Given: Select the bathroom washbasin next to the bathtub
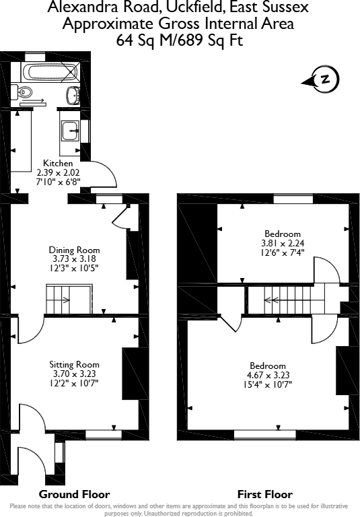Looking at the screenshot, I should [x=73, y=94].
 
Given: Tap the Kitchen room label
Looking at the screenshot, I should [x=58, y=163].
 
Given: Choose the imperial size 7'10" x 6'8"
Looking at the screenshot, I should [x=58, y=182].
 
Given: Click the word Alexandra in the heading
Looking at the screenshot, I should [x=79, y=8].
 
